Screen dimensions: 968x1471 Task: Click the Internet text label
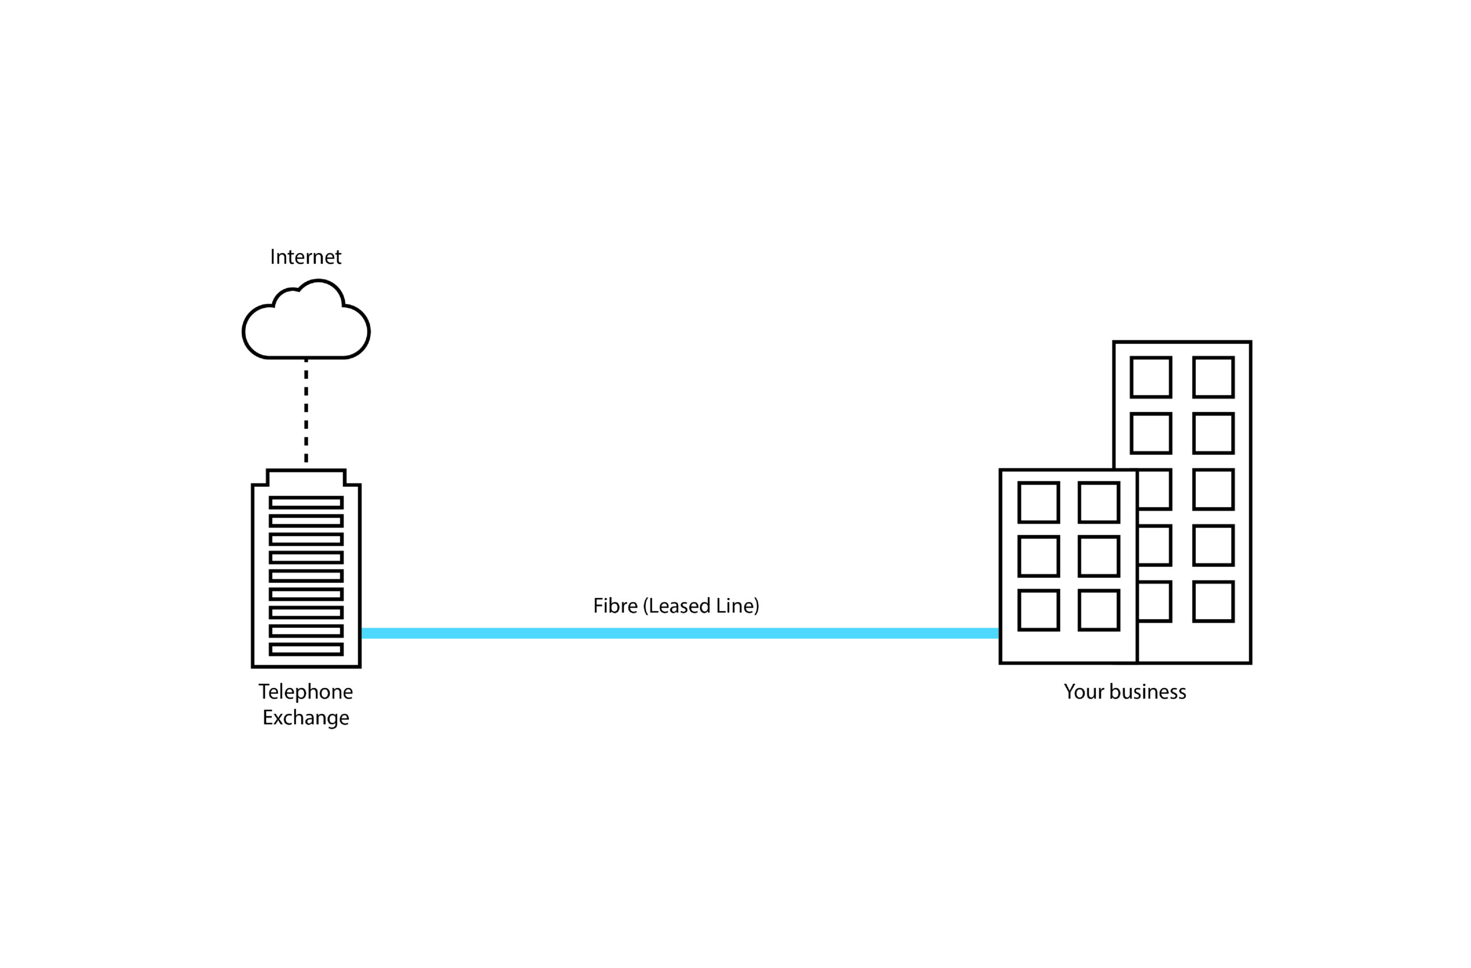[305, 257]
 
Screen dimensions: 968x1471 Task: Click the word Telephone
[305, 692]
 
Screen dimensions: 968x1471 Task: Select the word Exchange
[305, 717]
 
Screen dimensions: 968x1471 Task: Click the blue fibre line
[680, 633]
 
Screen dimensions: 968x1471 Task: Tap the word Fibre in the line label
[615, 606]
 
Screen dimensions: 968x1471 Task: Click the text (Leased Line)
[701, 606]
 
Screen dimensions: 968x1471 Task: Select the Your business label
[1125, 692]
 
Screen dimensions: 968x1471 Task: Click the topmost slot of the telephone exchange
[306, 502]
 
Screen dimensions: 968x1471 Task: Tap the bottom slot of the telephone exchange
[306, 649]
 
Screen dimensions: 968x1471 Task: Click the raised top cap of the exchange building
[306, 478]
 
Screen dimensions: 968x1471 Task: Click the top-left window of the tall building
[1151, 377]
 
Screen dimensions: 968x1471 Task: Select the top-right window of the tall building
[1213, 377]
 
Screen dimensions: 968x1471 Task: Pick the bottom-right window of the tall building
[1213, 601]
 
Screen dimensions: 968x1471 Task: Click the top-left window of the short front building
[1039, 502]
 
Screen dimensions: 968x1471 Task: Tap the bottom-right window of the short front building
[1099, 610]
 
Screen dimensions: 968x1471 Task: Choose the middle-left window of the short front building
[1039, 556]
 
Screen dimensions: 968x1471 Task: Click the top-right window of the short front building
[1099, 502]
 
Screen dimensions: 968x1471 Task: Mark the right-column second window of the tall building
[1213, 433]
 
